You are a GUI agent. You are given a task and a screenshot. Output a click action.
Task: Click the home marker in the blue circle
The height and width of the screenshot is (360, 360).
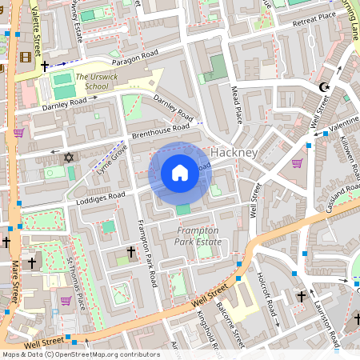click(180, 173)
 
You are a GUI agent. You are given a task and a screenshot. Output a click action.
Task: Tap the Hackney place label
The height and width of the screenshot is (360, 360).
click(234, 152)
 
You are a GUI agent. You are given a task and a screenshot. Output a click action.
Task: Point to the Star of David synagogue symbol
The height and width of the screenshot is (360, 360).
click(68, 157)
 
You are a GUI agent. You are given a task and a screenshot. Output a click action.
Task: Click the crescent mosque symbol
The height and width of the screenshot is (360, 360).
click(324, 86)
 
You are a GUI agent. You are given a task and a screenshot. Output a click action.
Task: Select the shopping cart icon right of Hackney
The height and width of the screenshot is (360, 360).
click(298, 163)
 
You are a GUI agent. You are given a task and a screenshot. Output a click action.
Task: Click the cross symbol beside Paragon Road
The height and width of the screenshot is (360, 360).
click(46, 66)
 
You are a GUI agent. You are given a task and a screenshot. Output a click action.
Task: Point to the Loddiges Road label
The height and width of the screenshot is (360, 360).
click(95, 194)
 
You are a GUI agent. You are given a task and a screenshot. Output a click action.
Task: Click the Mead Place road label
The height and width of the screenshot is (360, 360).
click(237, 104)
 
